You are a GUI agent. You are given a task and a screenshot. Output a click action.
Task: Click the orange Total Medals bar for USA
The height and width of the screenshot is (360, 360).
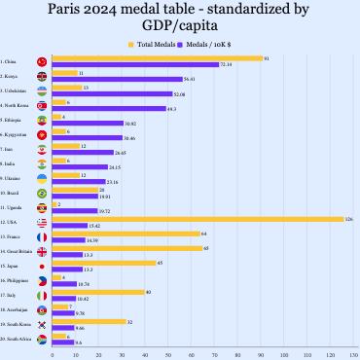[195, 219]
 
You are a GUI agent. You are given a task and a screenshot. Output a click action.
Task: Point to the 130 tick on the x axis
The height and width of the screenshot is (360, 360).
[354, 354]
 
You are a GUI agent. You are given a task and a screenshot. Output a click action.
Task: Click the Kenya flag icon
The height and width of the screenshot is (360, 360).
[41, 76]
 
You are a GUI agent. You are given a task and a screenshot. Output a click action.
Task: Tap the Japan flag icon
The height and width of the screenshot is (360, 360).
[41, 266]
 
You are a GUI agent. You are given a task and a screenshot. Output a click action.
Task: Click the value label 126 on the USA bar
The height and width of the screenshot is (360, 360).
[349, 219]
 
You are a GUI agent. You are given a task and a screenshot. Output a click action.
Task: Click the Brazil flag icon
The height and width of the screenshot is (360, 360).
[41, 193]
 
